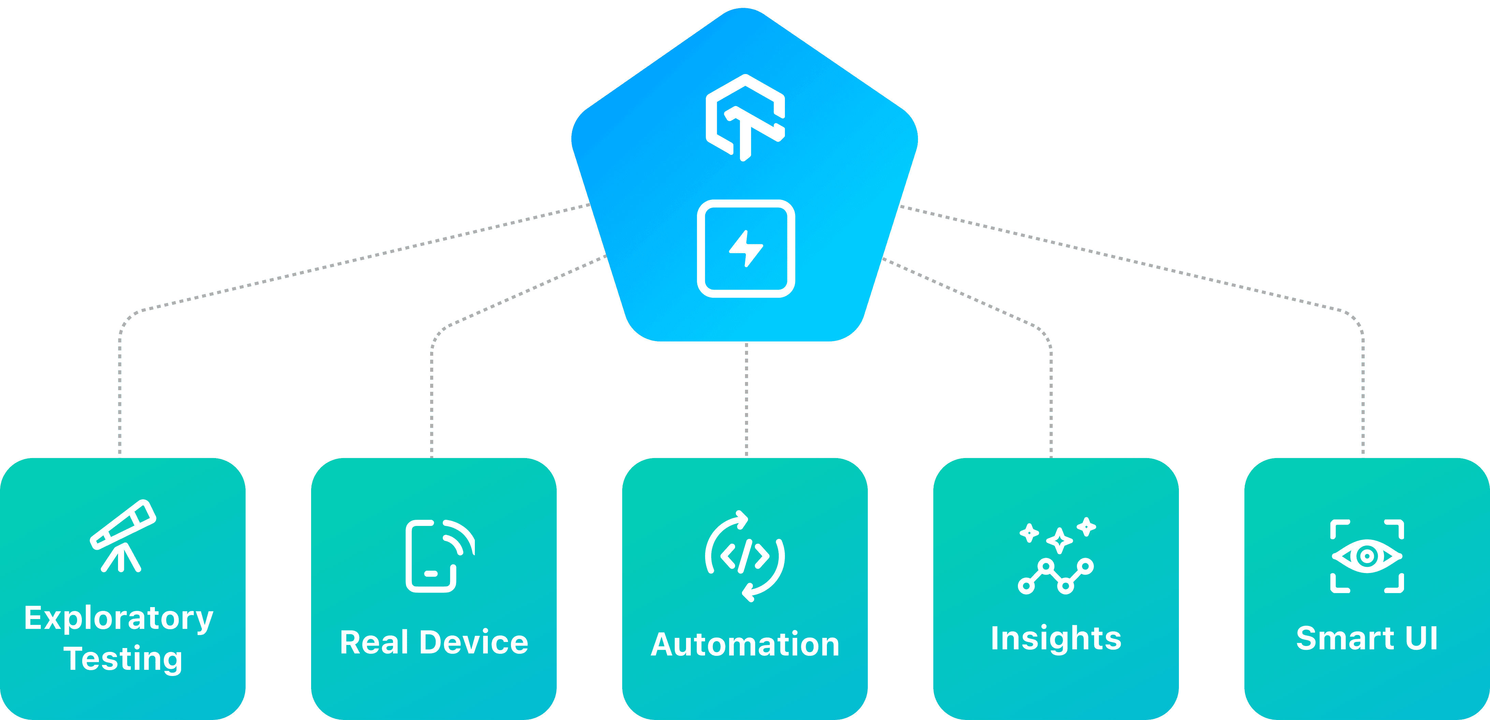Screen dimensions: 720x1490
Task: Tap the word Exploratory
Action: [119, 619]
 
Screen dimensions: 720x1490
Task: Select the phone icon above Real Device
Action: [438, 556]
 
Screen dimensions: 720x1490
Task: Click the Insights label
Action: [1056, 638]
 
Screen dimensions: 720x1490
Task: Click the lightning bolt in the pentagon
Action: [746, 249]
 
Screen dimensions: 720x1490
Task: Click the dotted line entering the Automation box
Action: [746, 399]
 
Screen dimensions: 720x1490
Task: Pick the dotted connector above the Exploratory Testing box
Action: [120, 399]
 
